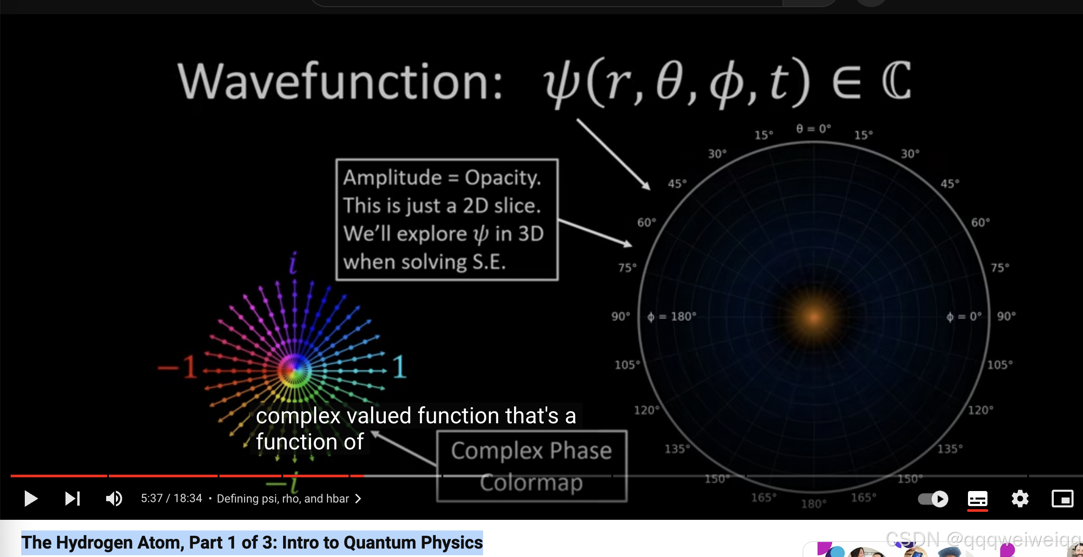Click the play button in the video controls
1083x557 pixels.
[31, 499]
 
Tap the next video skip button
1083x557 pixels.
[72, 499]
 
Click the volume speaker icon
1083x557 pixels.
[114, 499]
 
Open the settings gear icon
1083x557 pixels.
[1020, 499]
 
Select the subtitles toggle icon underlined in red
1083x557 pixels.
[977, 499]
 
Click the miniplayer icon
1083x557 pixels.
[1062, 499]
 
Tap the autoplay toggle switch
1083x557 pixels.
[933, 499]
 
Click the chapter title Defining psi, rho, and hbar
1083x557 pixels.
[283, 499]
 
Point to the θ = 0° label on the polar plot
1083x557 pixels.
[813, 128]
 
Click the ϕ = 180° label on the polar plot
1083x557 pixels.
[672, 317]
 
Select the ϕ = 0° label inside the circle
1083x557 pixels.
[964, 317]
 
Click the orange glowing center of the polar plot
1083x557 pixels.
[814, 317]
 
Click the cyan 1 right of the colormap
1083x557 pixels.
[399, 367]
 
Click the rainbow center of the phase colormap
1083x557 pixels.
[295, 370]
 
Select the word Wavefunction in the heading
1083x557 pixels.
[340, 81]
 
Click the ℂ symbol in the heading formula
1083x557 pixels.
[896, 81]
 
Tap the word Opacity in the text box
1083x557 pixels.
[503, 178]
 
